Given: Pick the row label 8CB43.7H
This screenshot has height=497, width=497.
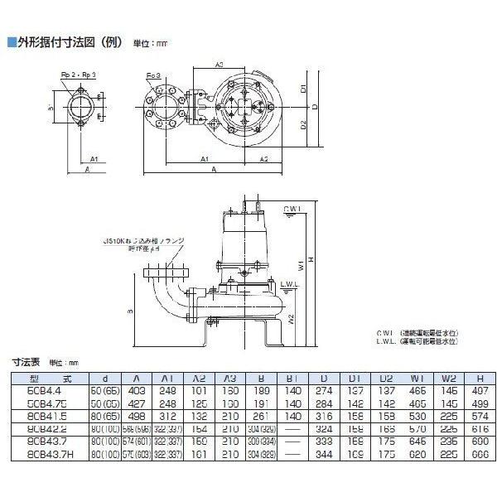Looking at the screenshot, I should coord(45,455).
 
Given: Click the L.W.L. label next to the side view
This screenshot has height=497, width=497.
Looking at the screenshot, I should coord(289,284).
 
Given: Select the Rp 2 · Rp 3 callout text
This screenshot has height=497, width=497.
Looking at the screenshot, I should coord(84,75).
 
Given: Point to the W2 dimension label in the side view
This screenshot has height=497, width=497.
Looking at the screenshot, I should coord(292,319).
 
